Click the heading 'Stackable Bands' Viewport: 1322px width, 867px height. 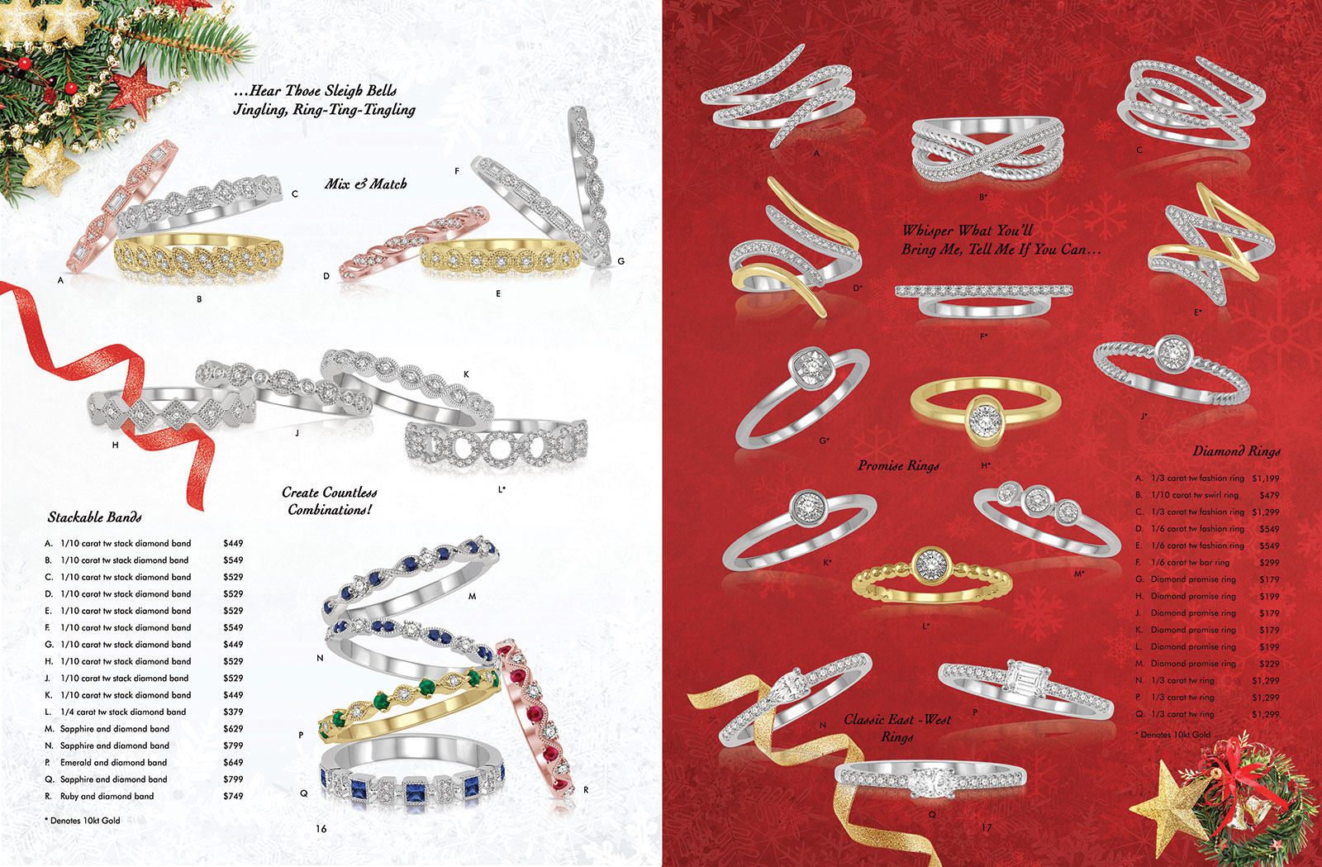coord(94,517)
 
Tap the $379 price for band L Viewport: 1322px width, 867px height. coord(233,712)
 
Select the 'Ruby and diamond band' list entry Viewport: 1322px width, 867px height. coord(107,796)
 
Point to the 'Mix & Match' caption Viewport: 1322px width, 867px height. coord(366,183)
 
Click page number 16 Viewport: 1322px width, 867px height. coord(321,829)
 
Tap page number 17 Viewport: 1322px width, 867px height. coord(987,828)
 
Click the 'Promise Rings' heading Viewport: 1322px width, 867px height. coord(898,465)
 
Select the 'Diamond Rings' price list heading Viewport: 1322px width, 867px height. coord(1236,451)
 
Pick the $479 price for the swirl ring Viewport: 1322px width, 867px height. coord(1269,495)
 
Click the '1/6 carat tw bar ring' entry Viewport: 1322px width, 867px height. coord(1190,563)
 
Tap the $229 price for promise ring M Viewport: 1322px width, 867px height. coord(1269,664)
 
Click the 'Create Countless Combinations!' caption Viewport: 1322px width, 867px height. coord(330,501)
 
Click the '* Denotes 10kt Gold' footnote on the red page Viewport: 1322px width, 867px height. coord(1172,735)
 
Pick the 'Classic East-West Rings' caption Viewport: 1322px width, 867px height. coord(897,727)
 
